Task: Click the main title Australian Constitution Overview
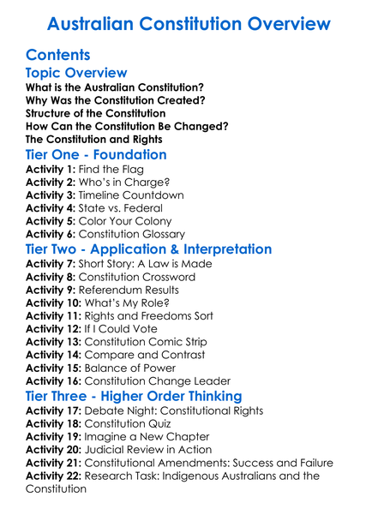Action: tap(189, 23)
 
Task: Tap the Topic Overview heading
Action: tap(76, 74)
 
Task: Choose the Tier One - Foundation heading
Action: tap(96, 155)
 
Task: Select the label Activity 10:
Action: tap(55, 302)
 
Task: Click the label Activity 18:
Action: tap(55, 423)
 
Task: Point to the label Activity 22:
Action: tap(55, 475)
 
